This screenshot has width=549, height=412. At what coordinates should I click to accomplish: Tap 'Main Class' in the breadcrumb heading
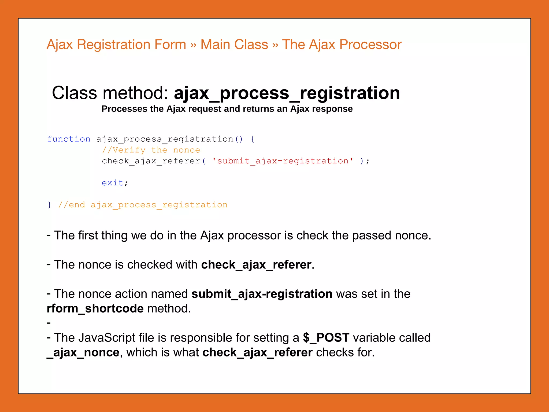pyautogui.click(x=234, y=45)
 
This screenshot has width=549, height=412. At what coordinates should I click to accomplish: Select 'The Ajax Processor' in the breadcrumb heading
pyautogui.click(x=342, y=45)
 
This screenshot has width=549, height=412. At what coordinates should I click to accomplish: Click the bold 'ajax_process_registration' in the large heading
pyautogui.click(x=287, y=93)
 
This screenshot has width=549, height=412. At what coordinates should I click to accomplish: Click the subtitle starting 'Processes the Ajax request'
pyautogui.click(x=227, y=109)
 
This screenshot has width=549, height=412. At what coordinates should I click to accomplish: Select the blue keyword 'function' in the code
pyautogui.click(x=69, y=139)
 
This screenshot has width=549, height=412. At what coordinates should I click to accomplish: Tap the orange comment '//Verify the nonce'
pyautogui.click(x=151, y=150)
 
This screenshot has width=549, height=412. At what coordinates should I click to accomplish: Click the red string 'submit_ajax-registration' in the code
pyautogui.click(x=283, y=161)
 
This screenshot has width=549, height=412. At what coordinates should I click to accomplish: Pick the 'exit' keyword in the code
pyautogui.click(x=112, y=183)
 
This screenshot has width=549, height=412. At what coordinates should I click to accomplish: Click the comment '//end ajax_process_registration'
pyautogui.click(x=143, y=205)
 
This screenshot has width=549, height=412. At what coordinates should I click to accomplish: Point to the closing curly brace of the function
pyautogui.click(x=49, y=205)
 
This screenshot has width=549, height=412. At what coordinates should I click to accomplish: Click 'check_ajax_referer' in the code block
pyautogui.click(x=151, y=161)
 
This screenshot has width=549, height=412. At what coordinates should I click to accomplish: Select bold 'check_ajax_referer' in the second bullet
pyautogui.click(x=256, y=265)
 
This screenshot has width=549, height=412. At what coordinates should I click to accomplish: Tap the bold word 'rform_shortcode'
pyautogui.click(x=95, y=308)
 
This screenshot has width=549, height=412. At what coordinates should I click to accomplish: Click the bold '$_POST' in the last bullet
pyautogui.click(x=326, y=338)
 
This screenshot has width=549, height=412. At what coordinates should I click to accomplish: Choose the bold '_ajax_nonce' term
pyautogui.click(x=83, y=352)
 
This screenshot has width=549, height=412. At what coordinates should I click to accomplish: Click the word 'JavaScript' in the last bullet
pyautogui.click(x=107, y=338)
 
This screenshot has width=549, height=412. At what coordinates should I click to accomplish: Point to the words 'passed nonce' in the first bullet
pyautogui.click(x=391, y=236)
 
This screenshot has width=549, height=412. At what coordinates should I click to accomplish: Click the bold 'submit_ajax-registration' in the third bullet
pyautogui.click(x=262, y=294)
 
